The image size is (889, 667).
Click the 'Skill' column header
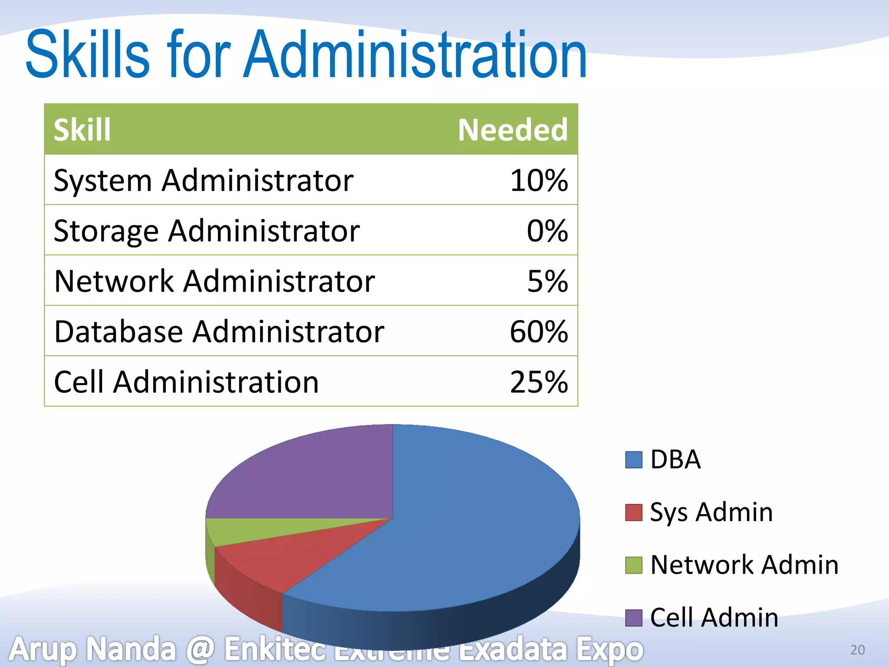[x=82, y=130]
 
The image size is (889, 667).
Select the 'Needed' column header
[x=513, y=130]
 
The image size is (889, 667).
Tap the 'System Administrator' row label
[x=203, y=180]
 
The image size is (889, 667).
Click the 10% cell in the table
[x=539, y=180]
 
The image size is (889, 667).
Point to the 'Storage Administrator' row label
[x=207, y=231]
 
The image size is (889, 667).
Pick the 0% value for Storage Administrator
[x=547, y=231]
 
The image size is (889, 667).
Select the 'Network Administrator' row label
[x=214, y=281]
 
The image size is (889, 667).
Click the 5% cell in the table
[x=547, y=281]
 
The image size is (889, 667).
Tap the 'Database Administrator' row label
[x=219, y=332]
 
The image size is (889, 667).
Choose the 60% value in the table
[x=539, y=332]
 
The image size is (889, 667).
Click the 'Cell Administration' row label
[x=186, y=382]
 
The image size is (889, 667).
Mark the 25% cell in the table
[x=539, y=382]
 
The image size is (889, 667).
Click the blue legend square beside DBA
[x=633, y=459]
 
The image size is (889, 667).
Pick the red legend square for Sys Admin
[x=633, y=512]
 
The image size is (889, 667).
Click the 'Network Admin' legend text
[x=744, y=565]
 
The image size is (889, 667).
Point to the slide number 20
[x=857, y=650]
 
